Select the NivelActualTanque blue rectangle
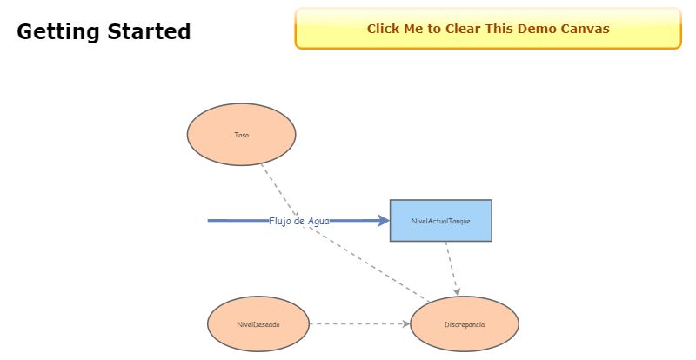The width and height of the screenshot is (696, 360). (440, 209)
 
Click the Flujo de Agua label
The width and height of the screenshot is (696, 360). (298, 221)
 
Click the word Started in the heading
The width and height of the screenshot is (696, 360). (147, 32)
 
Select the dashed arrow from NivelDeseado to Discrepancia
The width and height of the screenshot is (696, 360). (357, 324)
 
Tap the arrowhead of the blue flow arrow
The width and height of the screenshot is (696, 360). (383, 221)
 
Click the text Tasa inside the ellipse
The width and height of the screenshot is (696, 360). (241, 135)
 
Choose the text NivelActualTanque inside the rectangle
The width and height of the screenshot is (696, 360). (440, 221)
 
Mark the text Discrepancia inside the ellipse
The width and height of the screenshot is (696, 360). (464, 324)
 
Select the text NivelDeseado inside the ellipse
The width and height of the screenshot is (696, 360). (258, 324)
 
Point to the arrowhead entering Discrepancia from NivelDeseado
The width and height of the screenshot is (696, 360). (405, 324)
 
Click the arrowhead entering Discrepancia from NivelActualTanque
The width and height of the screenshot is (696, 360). (457, 292)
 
